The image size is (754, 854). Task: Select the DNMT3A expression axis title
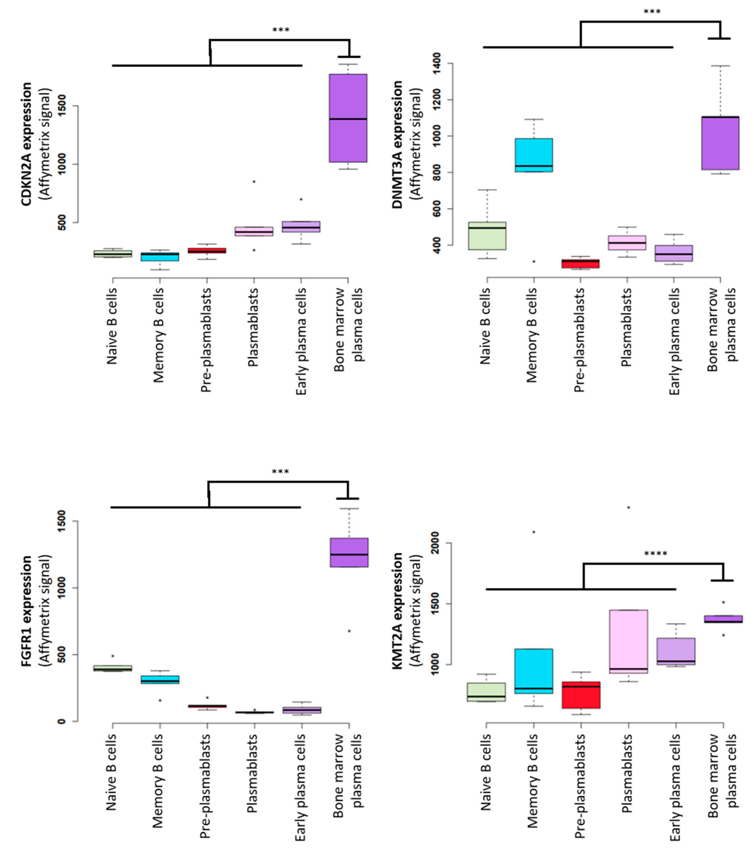(x=397, y=144)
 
